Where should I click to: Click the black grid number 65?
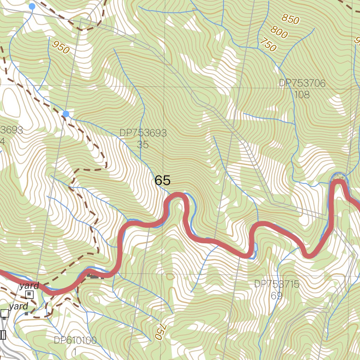pos(162,180)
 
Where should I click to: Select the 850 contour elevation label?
pos(290,19)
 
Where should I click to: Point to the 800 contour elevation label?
pos(279,33)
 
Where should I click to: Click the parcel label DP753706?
pos(302,83)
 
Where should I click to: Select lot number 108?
pos(302,94)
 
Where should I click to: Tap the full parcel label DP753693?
pos(143,133)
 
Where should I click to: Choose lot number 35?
pos(143,144)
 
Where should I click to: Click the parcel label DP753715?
pos(277,284)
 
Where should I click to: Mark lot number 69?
pos(277,296)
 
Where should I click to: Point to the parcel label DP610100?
pos(75,340)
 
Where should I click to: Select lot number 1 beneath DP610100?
pos(75,351)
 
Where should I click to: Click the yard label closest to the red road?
pos(29,285)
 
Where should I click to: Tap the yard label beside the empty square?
pos(19,307)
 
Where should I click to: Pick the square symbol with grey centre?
pos(30,295)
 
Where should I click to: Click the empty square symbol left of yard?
pos(5,313)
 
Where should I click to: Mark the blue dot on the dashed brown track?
pos(66,114)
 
